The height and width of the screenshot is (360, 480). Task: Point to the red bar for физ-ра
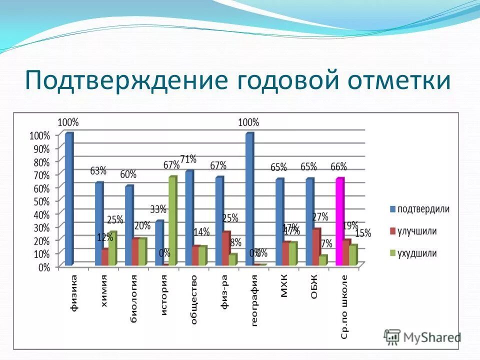tap(226, 248)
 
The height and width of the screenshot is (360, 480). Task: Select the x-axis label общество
tap(193, 299)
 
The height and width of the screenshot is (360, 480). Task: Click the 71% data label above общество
tap(188, 159)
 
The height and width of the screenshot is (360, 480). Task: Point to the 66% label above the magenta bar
tap(338, 166)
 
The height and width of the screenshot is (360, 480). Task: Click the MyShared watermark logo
tap(422, 337)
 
